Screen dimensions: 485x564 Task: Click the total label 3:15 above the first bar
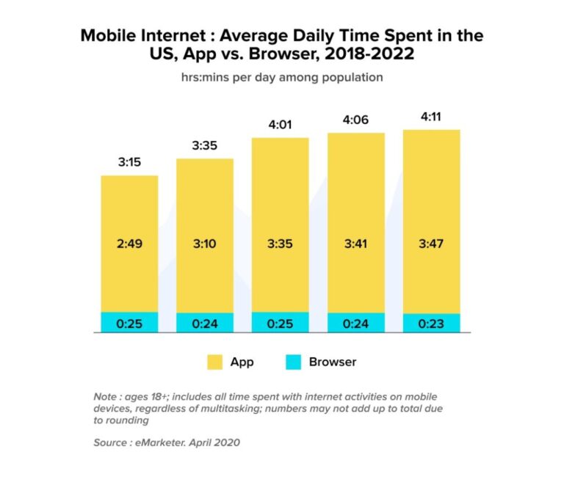click(129, 161)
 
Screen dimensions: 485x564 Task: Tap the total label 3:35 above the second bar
click(205, 145)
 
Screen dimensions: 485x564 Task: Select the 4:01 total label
click(281, 125)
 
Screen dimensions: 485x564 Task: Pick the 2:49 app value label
click(129, 244)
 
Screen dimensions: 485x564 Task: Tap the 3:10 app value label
click(205, 244)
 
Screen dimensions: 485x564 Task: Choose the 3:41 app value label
click(356, 244)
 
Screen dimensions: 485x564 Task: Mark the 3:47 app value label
click(432, 244)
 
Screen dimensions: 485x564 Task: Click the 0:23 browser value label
click(432, 324)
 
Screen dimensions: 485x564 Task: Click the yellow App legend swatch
click(214, 362)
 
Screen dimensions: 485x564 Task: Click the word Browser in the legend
click(333, 362)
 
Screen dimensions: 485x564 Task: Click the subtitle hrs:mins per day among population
click(281, 77)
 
